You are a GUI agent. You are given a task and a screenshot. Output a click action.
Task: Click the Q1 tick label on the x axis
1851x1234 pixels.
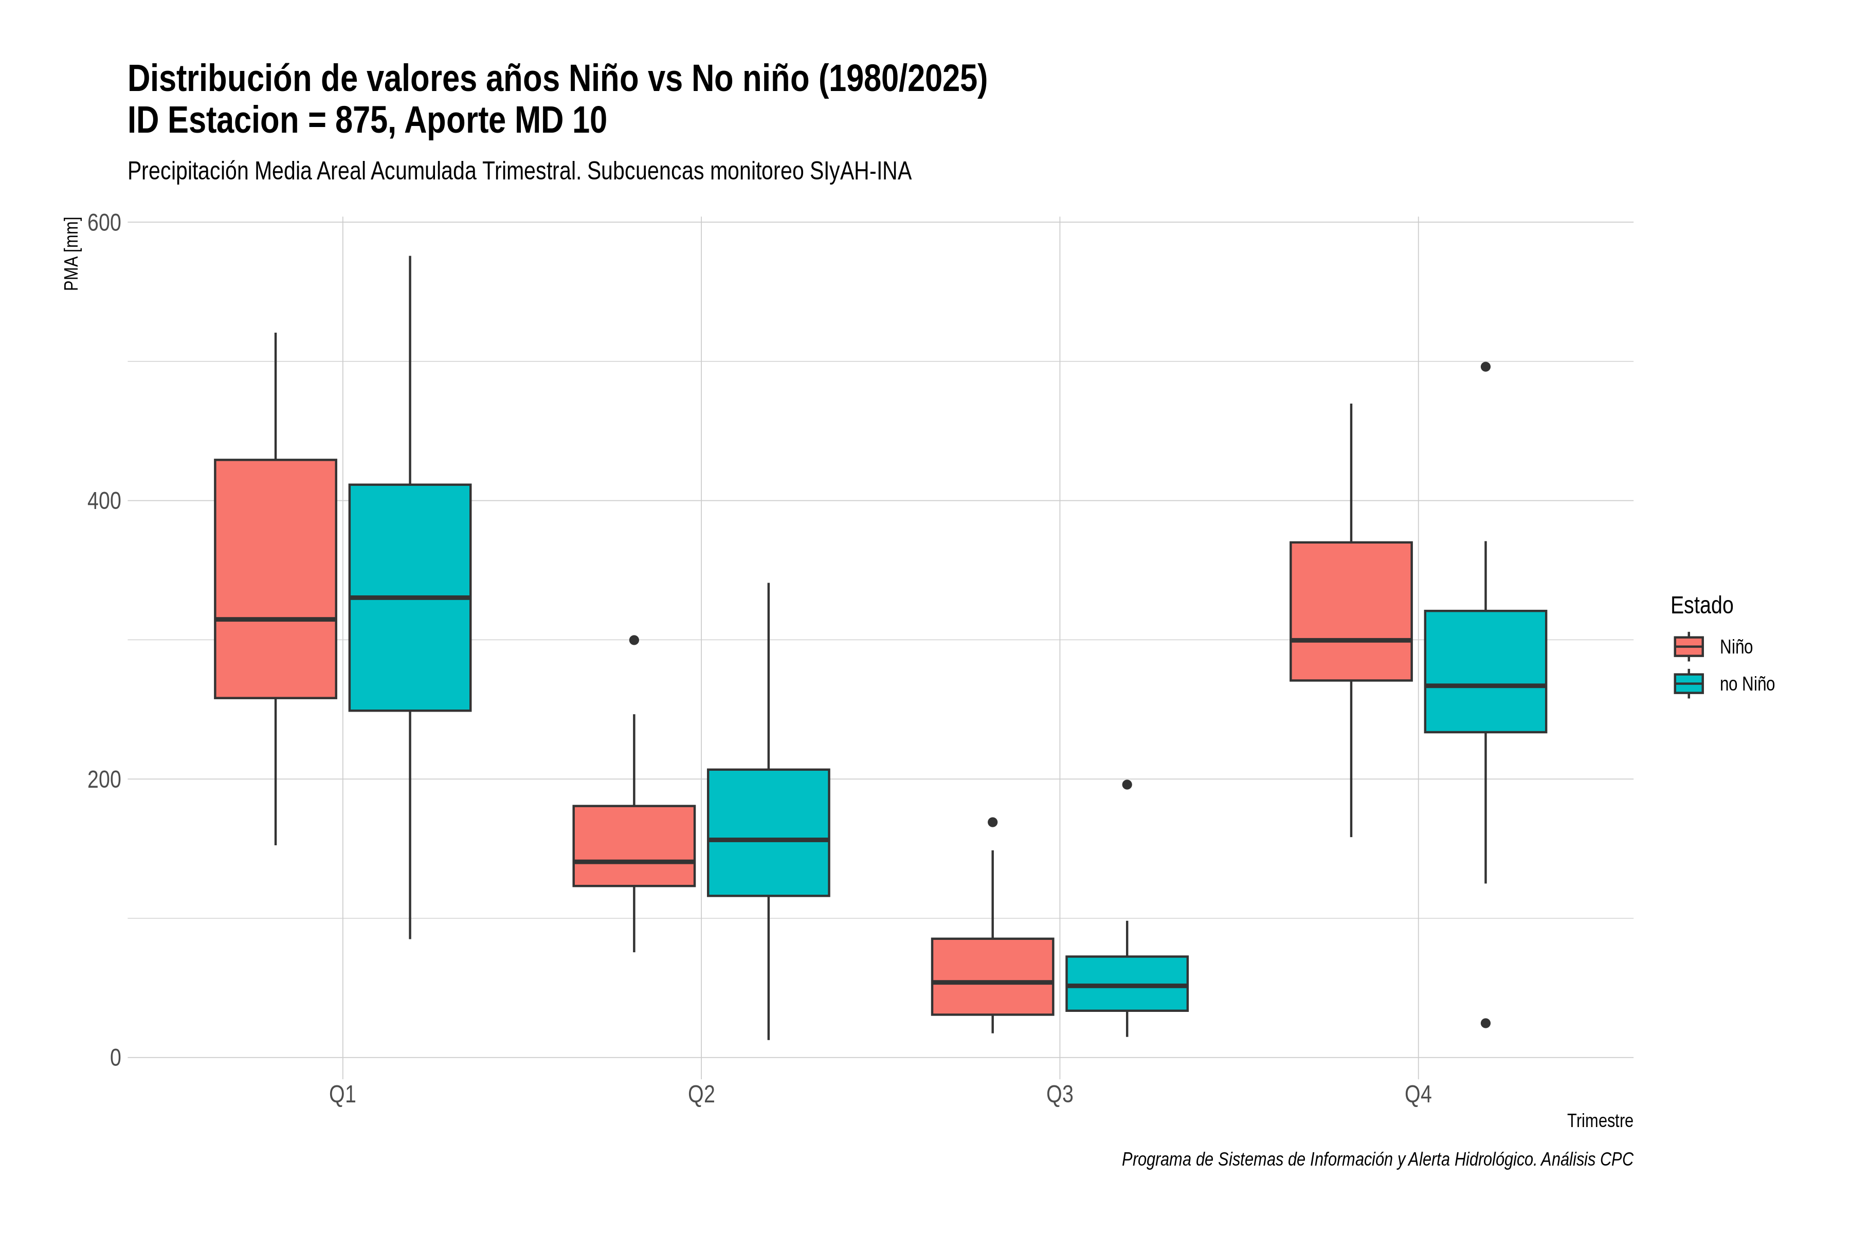pyautogui.click(x=342, y=1095)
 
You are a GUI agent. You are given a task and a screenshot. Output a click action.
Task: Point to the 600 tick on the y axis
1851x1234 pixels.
pyautogui.click(x=104, y=223)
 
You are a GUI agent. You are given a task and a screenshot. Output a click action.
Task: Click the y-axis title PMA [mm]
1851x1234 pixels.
pyautogui.click(x=71, y=253)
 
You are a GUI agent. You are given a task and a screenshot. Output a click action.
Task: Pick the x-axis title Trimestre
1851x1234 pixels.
pyautogui.click(x=1600, y=1121)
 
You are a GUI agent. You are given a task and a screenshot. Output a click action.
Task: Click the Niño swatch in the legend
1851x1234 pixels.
pyautogui.click(x=1689, y=647)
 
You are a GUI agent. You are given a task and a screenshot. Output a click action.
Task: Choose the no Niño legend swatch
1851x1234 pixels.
pyautogui.click(x=1689, y=684)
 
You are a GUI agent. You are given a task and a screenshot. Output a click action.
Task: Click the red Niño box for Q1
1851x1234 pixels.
pyautogui.click(x=276, y=578)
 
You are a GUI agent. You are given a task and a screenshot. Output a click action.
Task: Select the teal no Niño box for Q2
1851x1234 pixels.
pyautogui.click(x=768, y=832)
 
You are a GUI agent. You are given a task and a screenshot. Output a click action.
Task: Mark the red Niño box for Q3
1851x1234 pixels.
pyautogui.click(x=992, y=976)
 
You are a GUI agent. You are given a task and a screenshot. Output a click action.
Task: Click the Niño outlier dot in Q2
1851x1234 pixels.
pyautogui.click(x=634, y=640)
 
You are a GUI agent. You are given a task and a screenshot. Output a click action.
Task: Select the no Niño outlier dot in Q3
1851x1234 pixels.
pyautogui.click(x=1127, y=785)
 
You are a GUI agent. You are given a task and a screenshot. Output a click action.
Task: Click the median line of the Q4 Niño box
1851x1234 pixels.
pyautogui.click(x=1351, y=641)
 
